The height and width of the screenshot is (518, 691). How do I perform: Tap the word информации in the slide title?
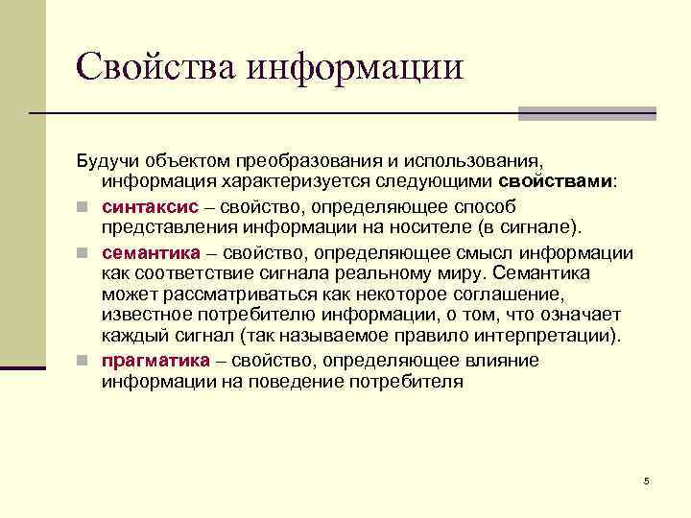tap(355, 66)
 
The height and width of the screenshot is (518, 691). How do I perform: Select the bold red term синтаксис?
tap(150, 206)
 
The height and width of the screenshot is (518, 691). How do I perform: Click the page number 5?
tap(647, 480)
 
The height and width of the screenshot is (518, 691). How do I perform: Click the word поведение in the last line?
tap(318, 381)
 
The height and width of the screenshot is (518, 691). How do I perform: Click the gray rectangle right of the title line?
tap(586, 113)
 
